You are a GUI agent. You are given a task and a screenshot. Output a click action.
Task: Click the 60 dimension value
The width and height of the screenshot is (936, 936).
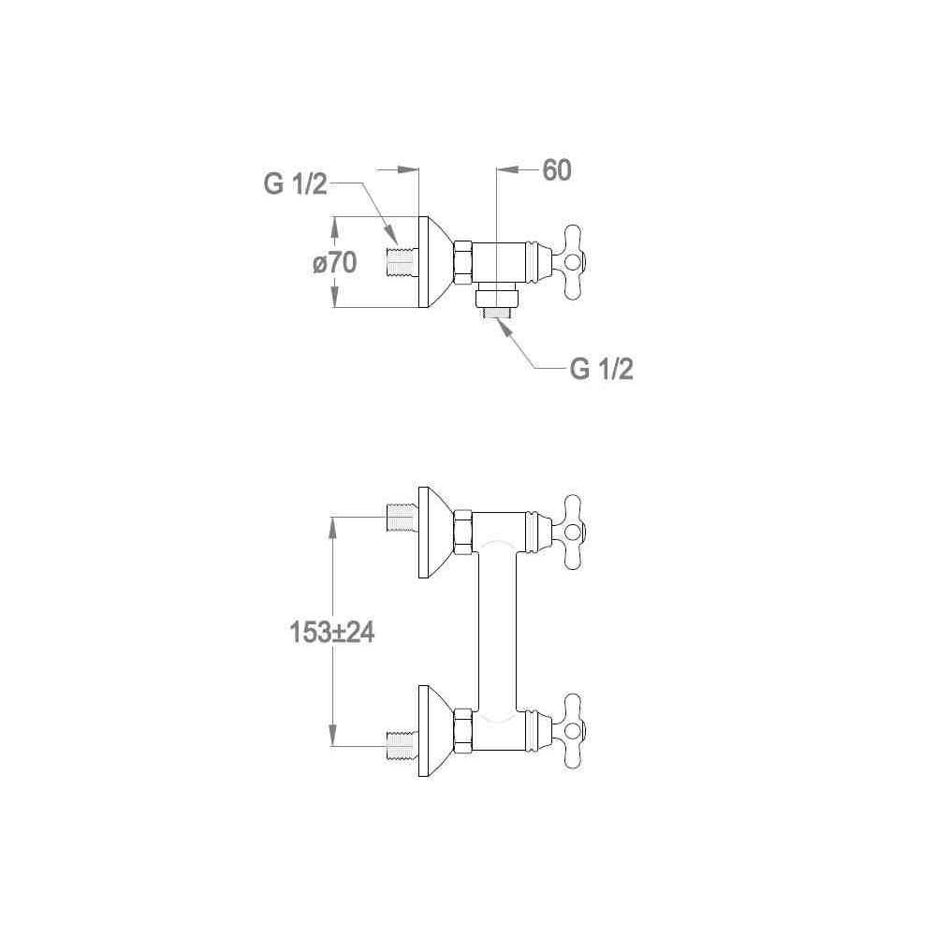tap(556, 170)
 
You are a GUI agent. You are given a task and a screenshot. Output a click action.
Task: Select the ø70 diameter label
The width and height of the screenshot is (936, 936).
tap(334, 262)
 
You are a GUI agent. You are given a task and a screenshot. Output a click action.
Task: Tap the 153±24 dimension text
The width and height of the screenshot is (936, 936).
tap(332, 632)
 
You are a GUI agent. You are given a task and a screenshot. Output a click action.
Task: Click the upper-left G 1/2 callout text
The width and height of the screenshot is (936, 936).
tap(296, 183)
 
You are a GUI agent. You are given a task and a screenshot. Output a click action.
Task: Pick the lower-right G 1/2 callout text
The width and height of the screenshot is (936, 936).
tap(601, 369)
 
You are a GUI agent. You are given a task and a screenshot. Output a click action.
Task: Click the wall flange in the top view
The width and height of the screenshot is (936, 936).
tap(436, 262)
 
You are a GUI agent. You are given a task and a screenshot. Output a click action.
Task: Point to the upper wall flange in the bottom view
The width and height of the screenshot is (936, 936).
tap(436, 533)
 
